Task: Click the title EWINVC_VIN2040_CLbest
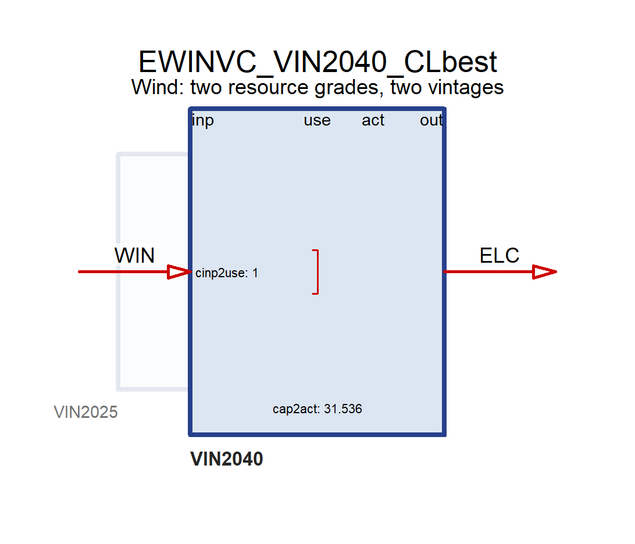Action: pos(317,63)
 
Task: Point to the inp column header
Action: pos(203,121)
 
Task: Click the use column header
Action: pos(317,121)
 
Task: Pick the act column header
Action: pos(373,120)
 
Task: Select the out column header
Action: pos(431,120)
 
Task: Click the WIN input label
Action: pos(134,255)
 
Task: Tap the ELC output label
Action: pos(500,255)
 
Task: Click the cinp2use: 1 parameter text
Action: pos(226,273)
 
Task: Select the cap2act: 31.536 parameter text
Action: pos(317,409)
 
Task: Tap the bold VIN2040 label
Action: pos(226,459)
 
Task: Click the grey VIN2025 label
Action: pos(85,413)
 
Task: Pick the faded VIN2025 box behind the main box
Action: pos(118,271)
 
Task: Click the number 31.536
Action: pos(343,409)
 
